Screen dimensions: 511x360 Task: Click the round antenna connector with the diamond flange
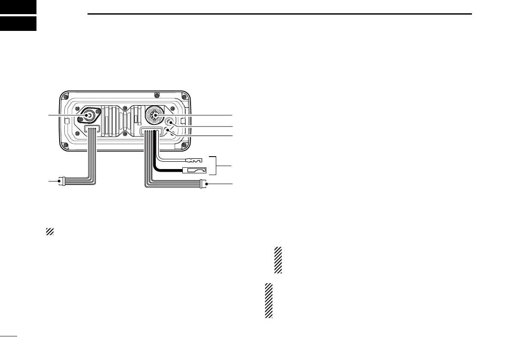87,115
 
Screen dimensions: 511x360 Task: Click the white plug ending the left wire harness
62,182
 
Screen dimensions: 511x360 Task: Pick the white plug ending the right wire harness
203,185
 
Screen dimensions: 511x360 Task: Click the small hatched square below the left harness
49,232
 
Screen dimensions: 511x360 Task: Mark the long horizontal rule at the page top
279,14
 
